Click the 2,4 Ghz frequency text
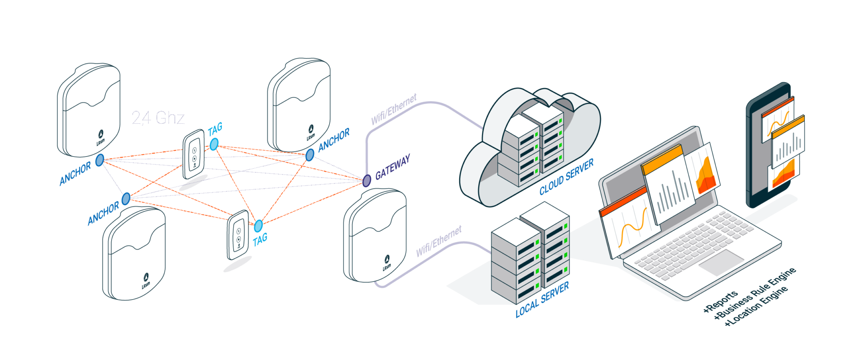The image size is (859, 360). [158, 118]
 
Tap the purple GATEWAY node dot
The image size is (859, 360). [367, 180]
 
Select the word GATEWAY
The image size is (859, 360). [393, 167]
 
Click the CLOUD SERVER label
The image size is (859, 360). [567, 177]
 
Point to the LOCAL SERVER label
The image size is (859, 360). [542, 299]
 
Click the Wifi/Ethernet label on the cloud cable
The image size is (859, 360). [394, 110]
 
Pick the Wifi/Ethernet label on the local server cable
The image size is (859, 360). [438, 241]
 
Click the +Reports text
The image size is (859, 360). [721, 302]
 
